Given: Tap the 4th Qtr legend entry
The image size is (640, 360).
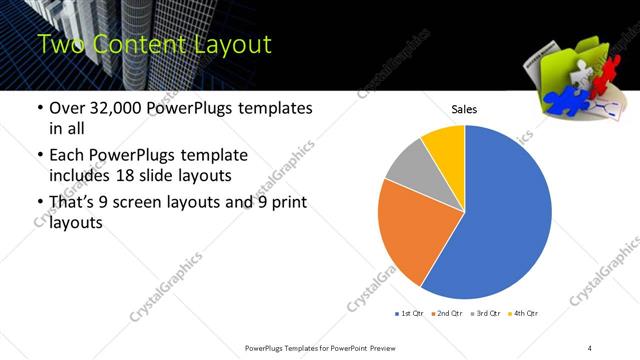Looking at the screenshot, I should (x=523, y=314).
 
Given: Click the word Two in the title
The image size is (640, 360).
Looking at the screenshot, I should (x=59, y=45).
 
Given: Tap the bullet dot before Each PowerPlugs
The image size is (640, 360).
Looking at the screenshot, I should (x=38, y=156).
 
